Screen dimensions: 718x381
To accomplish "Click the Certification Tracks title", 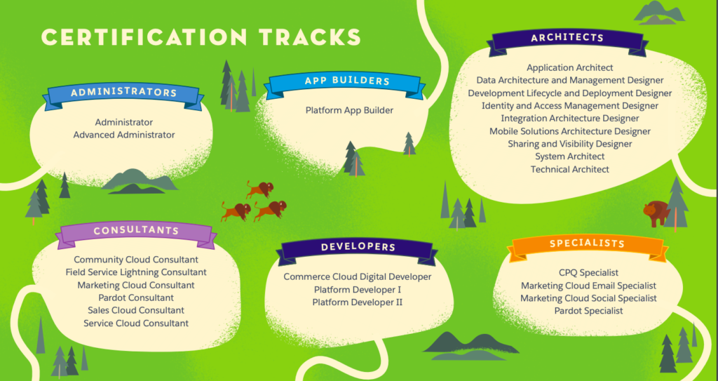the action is click(x=201, y=37).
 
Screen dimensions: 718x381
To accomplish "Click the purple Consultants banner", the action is click(x=136, y=232).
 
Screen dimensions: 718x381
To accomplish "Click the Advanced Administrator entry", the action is click(x=124, y=135).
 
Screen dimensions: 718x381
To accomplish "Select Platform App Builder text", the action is click(x=349, y=110).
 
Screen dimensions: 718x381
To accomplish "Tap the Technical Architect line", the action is click(x=569, y=169).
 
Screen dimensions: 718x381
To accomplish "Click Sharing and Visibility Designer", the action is click(x=569, y=144).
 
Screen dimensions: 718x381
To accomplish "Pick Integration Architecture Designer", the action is click(x=569, y=119).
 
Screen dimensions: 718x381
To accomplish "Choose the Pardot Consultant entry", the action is click(x=136, y=298).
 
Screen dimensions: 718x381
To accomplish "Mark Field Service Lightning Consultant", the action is click(x=136, y=272).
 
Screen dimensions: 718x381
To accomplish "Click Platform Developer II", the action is click(x=357, y=302).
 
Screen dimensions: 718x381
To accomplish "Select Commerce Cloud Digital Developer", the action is click(x=357, y=277).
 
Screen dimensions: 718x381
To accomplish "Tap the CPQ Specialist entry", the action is click(x=588, y=273).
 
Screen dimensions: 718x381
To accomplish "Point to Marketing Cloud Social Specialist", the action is click(x=588, y=298).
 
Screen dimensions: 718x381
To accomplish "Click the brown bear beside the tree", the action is click(x=656, y=213).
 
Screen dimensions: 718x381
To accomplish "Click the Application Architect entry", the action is click(x=569, y=68).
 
